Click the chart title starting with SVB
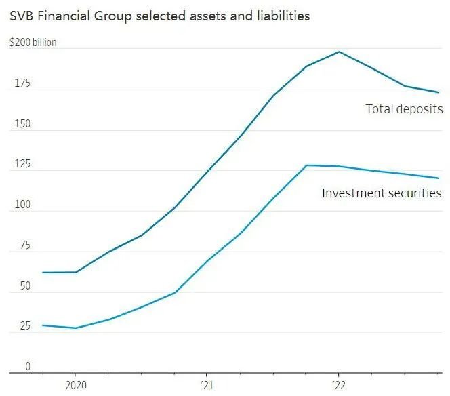click(159, 16)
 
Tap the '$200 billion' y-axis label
click(33, 42)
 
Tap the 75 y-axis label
click(25, 245)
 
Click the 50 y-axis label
click(25, 286)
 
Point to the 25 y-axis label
click(25, 326)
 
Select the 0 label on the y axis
click(28, 367)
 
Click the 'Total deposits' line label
click(404, 108)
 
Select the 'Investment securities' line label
click(382, 193)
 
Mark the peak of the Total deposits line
click(338, 52)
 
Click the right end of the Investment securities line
click(439, 178)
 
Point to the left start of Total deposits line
click(43, 273)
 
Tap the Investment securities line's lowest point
click(75, 328)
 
